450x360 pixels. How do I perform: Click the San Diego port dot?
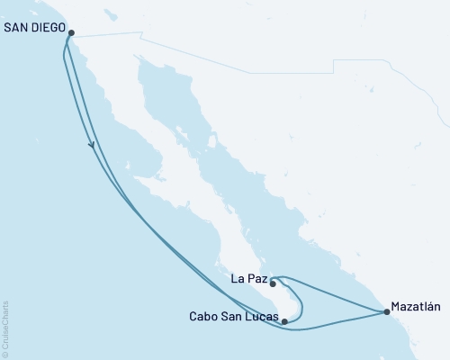pos(71,34)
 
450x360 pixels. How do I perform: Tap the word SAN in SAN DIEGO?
pos(17,27)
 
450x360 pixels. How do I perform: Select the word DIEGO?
pos(49,27)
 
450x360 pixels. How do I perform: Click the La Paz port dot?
pos(273,283)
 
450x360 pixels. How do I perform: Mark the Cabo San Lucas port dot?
pos(284,320)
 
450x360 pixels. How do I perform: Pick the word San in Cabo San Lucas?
pos(230,317)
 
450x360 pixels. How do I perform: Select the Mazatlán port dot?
pos(387,312)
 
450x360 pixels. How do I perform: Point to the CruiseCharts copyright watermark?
pos(6,323)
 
